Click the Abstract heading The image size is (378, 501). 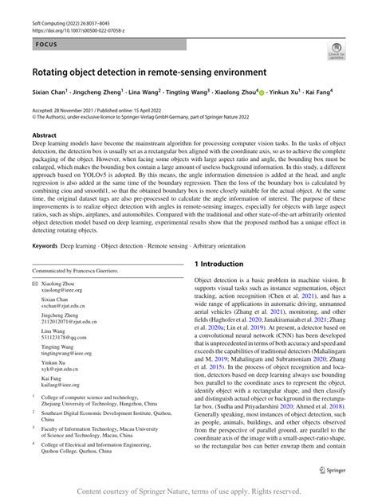tap(44, 135)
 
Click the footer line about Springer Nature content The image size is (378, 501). tap(189, 491)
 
